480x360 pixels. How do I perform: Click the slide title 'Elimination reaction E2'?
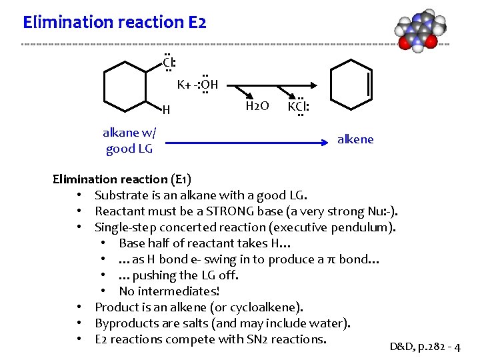click(x=115, y=22)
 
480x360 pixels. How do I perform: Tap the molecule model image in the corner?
click(x=418, y=31)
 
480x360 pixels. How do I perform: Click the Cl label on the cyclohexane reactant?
click(x=169, y=63)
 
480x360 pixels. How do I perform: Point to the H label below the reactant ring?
click(x=166, y=109)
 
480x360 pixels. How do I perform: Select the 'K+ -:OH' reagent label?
click(x=197, y=85)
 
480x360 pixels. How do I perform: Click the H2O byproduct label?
click(x=257, y=106)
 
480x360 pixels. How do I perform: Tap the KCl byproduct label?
click(x=298, y=106)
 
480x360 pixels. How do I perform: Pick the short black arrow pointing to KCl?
click(x=287, y=93)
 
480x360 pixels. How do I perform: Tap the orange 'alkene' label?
click(x=355, y=139)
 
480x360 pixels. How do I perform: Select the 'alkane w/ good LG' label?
click(x=129, y=140)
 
